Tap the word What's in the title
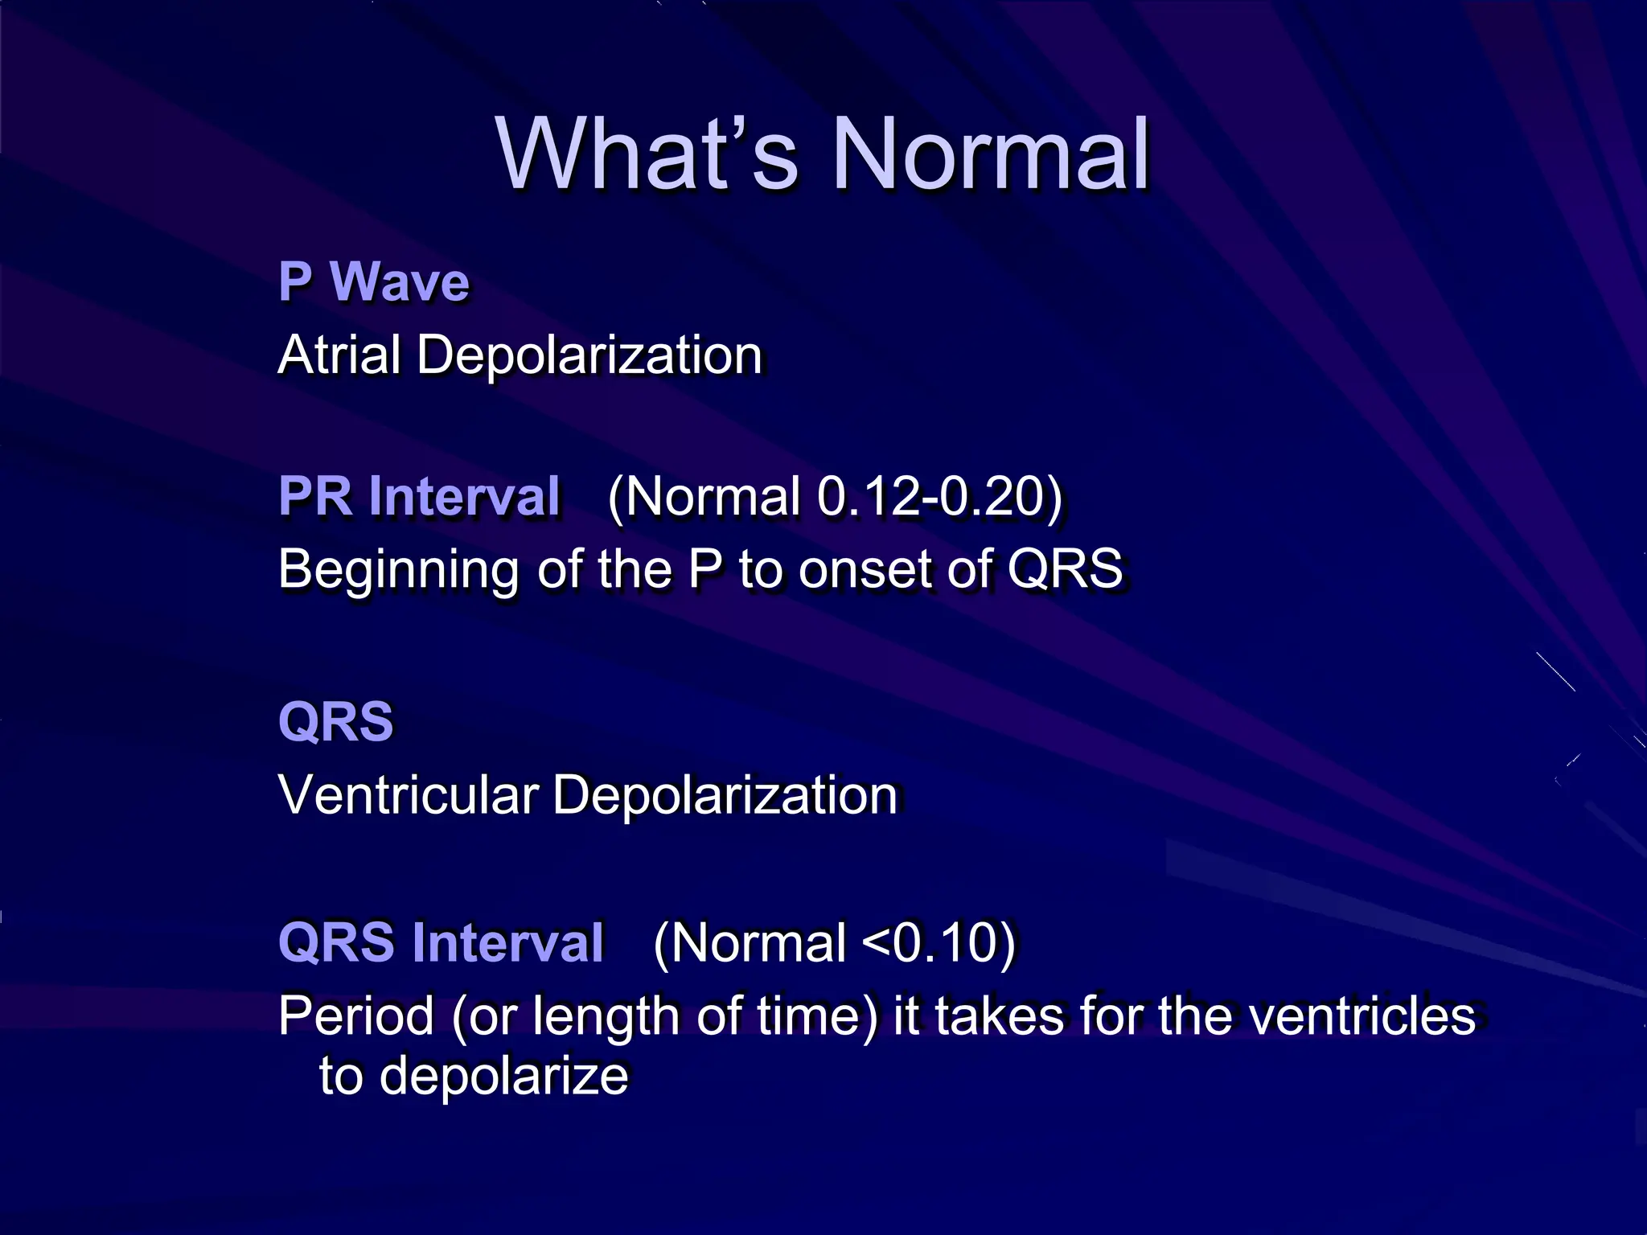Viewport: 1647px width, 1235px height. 647,154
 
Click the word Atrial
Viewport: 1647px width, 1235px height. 339,355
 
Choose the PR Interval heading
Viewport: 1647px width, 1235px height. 419,496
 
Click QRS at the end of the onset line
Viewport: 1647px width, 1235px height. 1065,568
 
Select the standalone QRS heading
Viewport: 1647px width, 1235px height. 335,721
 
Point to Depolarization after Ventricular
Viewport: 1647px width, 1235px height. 725,795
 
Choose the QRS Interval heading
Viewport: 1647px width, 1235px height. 441,942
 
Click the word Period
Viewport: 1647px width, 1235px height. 356,1016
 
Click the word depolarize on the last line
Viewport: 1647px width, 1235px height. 503,1077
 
